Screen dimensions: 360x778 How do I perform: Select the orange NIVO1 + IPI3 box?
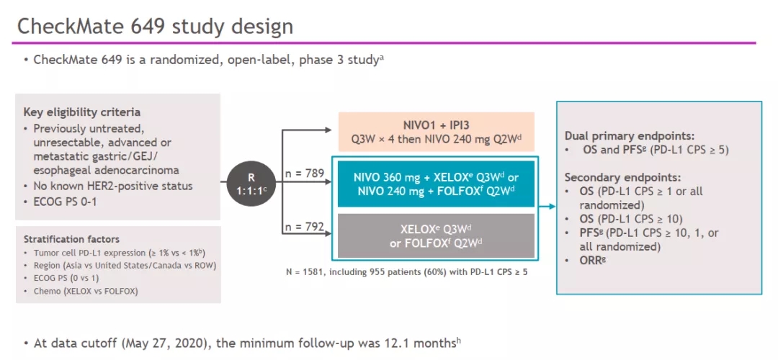437,131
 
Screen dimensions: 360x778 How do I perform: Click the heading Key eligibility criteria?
81,112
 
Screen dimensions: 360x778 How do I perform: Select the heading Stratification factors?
71,239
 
